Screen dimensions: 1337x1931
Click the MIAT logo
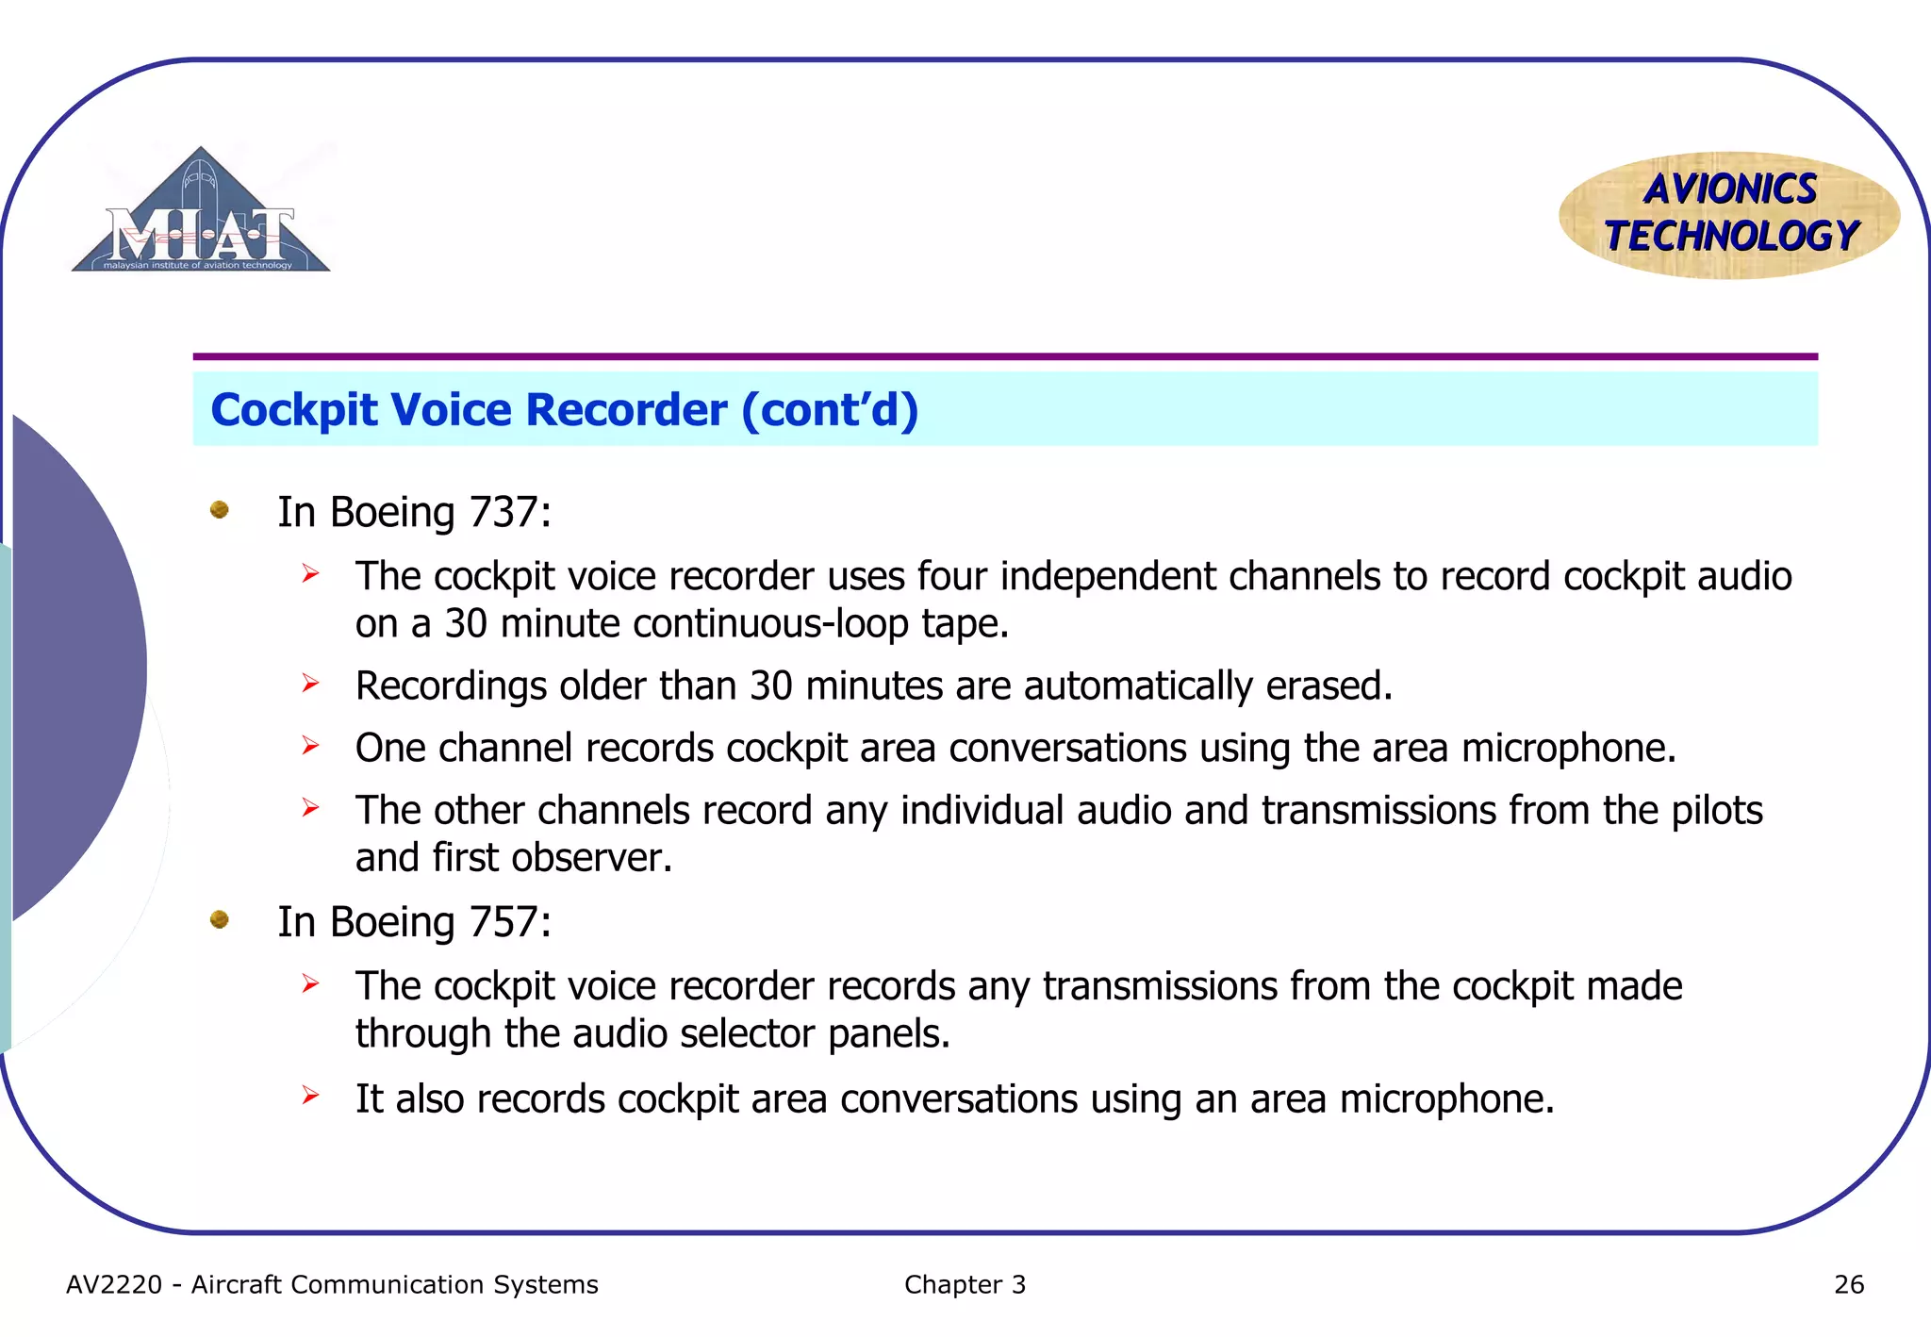(x=201, y=213)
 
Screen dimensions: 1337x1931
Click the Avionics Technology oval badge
(x=1729, y=215)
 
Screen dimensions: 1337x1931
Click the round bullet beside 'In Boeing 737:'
(x=220, y=510)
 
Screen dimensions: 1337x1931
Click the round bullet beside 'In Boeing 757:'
(x=220, y=919)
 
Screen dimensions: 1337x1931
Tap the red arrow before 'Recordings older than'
(x=310, y=683)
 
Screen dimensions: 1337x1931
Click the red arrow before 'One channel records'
(x=310, y=746)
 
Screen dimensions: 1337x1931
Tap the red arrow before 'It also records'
(x=310, y=1096)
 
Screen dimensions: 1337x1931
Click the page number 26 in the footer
(x=1848, y=1284)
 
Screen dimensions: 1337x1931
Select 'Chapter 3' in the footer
(x=965, y=1284)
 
